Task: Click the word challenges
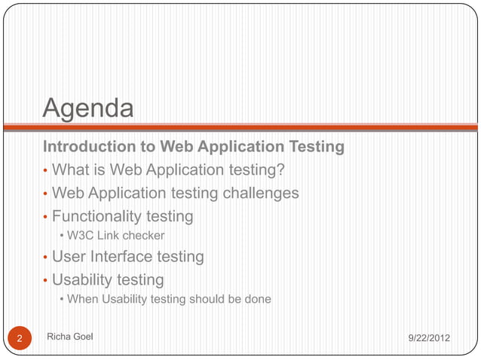tap(260, 194)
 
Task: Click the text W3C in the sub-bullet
tap(81, 237)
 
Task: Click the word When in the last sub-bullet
tap(83, 300)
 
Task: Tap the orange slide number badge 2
tap(20, 338)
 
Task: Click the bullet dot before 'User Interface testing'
tap(45, 258)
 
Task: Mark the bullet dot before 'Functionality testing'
tap(45, 218)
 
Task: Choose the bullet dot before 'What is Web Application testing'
tap(45, 171)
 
